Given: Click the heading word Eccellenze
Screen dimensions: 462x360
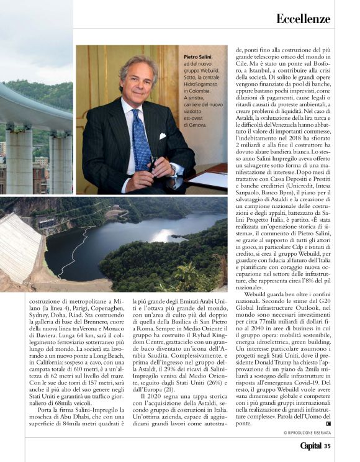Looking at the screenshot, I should pos(304,18).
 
